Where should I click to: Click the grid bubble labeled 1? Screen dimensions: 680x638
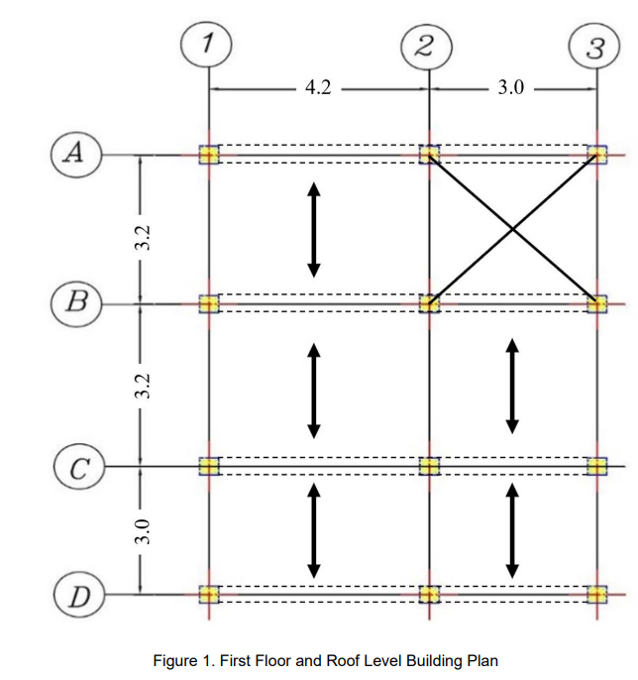click(207, 44)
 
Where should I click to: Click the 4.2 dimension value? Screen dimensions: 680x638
click(318, 88)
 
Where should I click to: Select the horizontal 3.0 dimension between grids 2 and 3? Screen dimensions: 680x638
click(509, 88)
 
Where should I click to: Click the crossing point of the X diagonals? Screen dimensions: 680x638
click(512, 229)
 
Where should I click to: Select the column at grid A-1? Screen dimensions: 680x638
click(208, 155)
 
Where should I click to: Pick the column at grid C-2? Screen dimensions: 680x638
click(428, 466)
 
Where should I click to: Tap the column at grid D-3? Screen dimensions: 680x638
click(596, 595)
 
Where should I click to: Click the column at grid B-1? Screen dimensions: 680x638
click(208, 302)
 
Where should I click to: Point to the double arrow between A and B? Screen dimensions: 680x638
click(313, 228)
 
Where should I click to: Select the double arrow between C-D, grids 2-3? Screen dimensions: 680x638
click(512, 530)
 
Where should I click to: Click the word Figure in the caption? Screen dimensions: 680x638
click(177, 660)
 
